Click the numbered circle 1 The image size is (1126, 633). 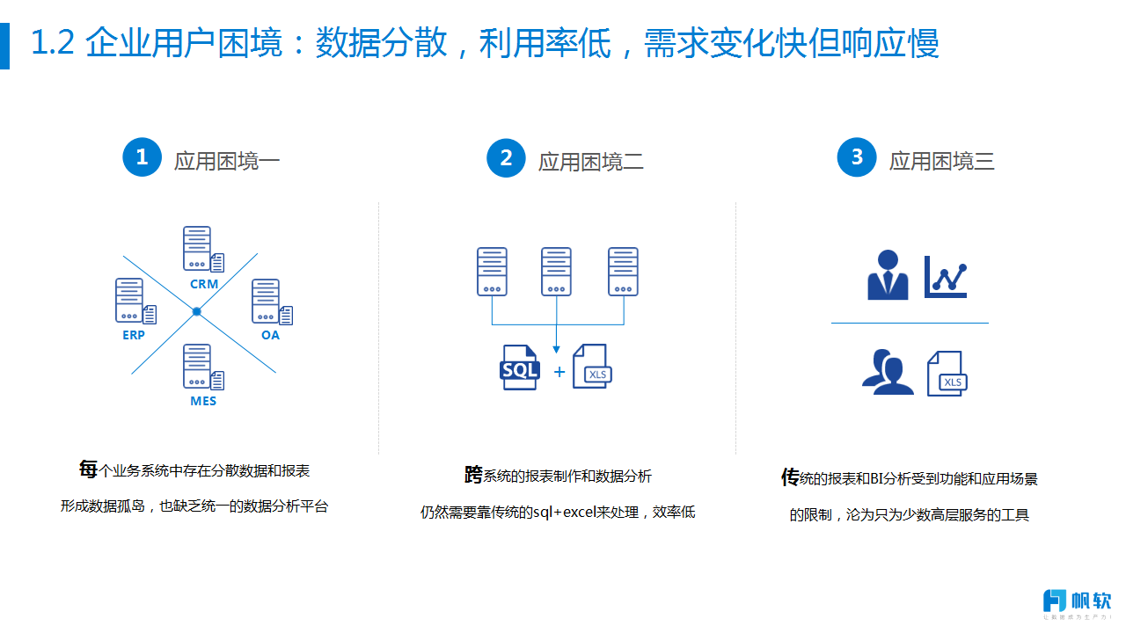tap(143, 157)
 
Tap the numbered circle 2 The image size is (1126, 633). tap(506, 158)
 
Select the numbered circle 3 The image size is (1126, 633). tap(857, 157)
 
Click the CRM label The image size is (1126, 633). tap(204, 284)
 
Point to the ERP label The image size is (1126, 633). tap(134, 335)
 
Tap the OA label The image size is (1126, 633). tap(270, 335)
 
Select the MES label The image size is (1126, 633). tap(203, 401)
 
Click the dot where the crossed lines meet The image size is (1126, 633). tap(197, 312)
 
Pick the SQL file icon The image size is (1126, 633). tap(520, 367)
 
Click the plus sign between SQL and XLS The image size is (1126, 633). tap(559, 372)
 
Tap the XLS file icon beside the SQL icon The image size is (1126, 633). tap(593, 367)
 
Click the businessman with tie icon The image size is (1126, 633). tap(888, 275)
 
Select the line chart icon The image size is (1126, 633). tap(946, 277)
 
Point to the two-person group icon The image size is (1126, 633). tap(888, 372)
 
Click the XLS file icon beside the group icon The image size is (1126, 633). tap(947, 374)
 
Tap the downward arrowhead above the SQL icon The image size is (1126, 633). tap(557, 349)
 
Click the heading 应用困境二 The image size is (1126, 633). tap(590, 162)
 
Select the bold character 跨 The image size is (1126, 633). tap(473, 474)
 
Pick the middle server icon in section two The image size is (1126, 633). tap(557, 272)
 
